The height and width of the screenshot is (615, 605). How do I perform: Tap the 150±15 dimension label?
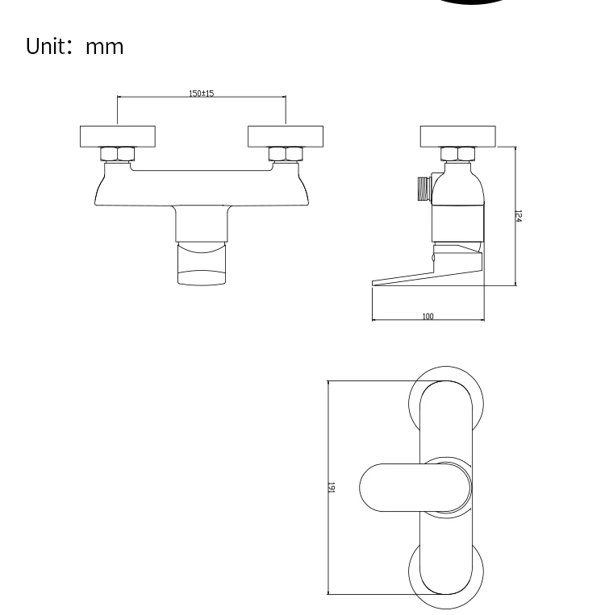pos(201,93)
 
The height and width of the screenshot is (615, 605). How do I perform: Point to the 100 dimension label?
pos(427,317)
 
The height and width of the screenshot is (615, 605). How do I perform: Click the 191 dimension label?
pos(332,488)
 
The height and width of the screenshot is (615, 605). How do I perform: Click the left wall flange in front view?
pos(117,136)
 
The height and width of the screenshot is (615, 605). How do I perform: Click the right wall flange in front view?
pos(285,136)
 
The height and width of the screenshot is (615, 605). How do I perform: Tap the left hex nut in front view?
pos(117,154)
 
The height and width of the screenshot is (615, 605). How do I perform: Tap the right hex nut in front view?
pos(285,154)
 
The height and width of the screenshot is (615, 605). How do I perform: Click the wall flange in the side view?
pos(457,136)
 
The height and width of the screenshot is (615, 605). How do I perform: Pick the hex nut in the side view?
pos(457,154)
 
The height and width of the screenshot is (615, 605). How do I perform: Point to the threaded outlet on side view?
pos(422,187)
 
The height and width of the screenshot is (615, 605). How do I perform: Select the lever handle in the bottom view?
pos(395,488)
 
